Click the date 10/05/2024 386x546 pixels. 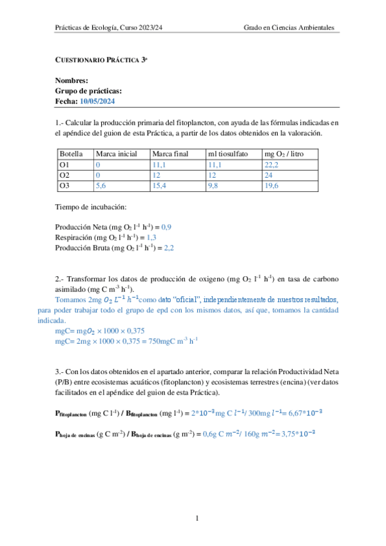[x=97, y=102]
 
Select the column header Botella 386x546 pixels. [x=71, y=155]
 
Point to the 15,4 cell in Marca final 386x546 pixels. [x=160, y=185]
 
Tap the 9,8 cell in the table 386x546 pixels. [x=213, y=185]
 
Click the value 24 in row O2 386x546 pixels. [x=269, y=175]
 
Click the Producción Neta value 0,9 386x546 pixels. [x=166, y=227]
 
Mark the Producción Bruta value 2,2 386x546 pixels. [x=169, y=247]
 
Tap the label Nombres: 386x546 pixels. [x=72, y=81]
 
